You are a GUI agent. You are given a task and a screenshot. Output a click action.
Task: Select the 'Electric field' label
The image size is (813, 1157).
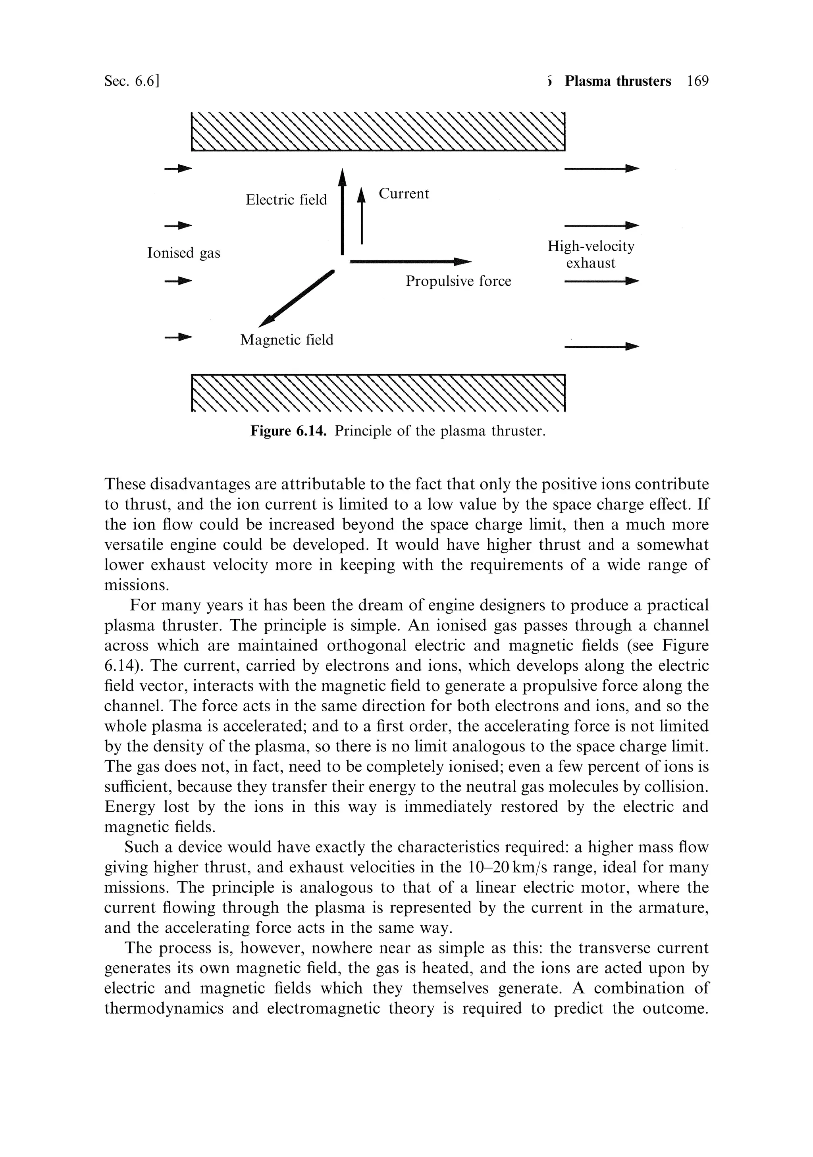click(286, 200)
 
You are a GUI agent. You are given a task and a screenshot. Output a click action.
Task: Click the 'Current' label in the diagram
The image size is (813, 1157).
click(404, 194)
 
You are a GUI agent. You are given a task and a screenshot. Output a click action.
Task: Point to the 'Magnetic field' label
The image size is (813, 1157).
click(287, 340)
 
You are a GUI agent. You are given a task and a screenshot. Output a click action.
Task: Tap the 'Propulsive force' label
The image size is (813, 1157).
click(458, 281)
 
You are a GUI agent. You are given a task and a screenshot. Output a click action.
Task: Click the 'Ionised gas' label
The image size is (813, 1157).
click(183, 252)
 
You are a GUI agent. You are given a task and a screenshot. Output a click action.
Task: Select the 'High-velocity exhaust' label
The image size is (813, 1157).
click(591, 254)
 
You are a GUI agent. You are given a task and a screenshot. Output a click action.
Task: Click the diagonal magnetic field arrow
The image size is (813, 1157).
click(297, 299)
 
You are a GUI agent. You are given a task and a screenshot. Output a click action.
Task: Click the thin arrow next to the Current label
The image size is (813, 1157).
click(361, 217)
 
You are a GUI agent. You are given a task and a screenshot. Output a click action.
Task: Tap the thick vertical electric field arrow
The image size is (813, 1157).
click(342, 212)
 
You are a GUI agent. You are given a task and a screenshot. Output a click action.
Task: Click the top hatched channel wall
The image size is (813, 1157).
click(378, 131)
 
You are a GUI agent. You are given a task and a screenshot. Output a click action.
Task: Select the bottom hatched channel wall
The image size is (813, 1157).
click(378, 393)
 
